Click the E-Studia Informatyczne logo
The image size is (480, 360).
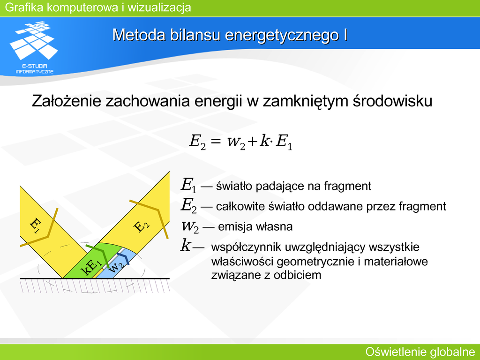click(34, 47)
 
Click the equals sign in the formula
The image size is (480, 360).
click(216, 141)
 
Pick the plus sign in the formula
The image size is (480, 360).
click(253, 142)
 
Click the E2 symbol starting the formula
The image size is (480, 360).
click(197, 142)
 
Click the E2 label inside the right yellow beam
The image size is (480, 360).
click(142, 226)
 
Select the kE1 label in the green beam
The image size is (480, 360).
click(91, 267)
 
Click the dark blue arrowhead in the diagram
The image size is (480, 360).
click(124, 258)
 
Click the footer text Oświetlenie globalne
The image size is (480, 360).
click(420, 352)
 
